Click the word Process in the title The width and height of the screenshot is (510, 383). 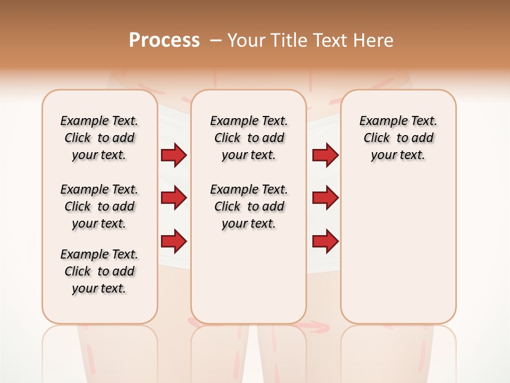click(164, 40)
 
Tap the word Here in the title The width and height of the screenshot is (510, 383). click(375, 40)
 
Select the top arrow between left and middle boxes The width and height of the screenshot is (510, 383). click(174, 155)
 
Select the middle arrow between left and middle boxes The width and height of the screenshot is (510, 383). click(174, 198)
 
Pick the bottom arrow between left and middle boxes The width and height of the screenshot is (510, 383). click(174, 242)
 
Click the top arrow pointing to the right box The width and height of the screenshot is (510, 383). click(325, 155)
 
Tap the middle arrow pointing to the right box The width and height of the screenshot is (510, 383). click(325, 198)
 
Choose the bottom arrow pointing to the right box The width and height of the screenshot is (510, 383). click(325, 242)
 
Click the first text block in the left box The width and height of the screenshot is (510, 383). click(99, 138)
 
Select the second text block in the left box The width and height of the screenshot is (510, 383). click(99, 206)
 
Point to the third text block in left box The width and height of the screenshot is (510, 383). click(99, 271)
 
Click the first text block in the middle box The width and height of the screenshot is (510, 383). click(249, 138)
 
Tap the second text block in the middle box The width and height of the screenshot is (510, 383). click(249, 206)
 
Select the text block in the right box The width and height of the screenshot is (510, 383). click(398, 138)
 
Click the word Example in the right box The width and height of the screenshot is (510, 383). click(379, 121)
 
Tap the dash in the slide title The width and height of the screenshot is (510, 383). click(215, 40)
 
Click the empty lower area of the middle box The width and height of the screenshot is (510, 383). click(249, 277)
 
